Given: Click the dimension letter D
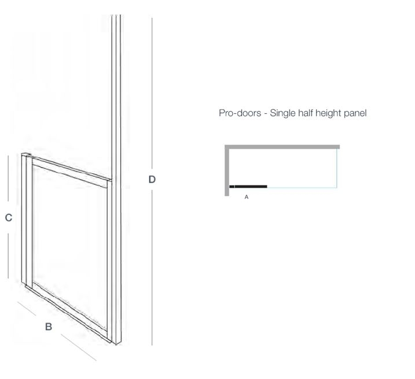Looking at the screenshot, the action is point(152,179).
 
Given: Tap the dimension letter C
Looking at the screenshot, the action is point(9,218).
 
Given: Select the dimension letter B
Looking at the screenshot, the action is point(49,326).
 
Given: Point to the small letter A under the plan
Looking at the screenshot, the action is point(247,197).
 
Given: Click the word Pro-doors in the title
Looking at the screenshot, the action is point(240,113).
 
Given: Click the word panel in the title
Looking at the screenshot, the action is point(355,114).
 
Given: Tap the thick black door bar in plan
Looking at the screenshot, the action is point(248,187).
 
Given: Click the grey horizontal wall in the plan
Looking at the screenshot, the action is point(282,147).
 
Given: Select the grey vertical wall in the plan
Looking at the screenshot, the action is point(227,170).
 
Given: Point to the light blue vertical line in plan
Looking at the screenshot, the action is point(337,168).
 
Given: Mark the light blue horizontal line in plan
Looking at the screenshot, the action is point(302,188).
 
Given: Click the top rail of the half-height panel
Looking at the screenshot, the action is point(70,172).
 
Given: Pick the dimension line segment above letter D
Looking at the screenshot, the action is point(152,93).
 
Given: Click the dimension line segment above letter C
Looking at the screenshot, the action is point(8,178).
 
